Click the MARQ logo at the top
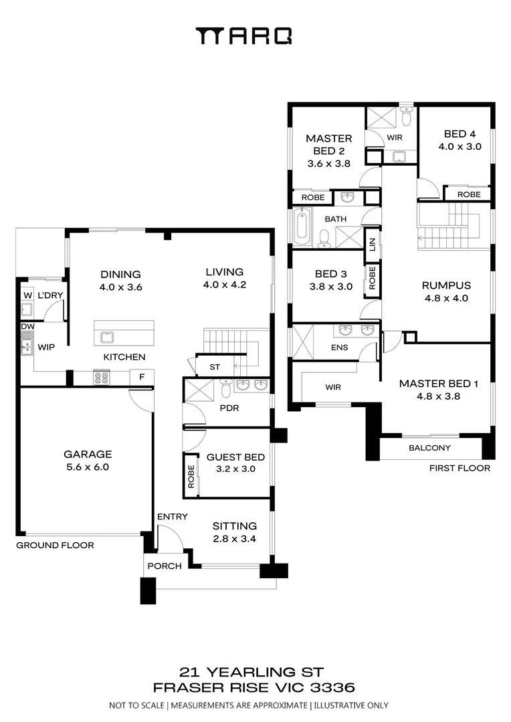243,36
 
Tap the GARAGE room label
88,455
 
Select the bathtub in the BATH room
302,227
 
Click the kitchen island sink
108,337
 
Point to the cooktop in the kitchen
102,378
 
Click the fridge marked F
142,377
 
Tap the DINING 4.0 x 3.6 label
120,280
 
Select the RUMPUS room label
446,285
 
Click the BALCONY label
429,447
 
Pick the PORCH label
165,566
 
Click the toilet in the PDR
226,388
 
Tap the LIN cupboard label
373,245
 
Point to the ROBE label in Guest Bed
191,476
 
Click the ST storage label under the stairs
215,367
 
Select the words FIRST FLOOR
459,468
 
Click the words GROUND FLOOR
55,546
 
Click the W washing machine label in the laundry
27,295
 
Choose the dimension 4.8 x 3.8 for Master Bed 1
438,396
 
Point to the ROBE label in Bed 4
469,195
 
